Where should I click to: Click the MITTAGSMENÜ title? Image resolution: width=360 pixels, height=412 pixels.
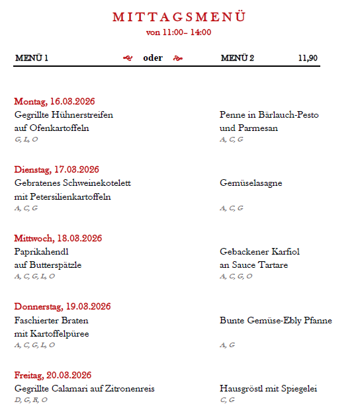179,17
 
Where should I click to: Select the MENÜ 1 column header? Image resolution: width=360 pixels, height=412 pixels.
32,58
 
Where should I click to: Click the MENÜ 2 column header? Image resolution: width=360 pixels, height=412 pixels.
238,58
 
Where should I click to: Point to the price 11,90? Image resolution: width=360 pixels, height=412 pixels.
308,58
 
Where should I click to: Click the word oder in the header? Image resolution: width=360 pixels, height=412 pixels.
153,58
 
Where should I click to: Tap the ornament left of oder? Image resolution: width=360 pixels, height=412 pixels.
128,58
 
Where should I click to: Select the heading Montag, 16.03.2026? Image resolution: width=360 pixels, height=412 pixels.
55,101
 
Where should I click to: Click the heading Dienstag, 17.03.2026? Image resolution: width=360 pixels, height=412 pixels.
57,170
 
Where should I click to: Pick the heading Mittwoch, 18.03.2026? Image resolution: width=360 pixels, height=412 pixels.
58,238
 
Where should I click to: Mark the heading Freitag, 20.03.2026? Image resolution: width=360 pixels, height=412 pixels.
53,375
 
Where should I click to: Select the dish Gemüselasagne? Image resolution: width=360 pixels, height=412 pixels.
251,183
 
